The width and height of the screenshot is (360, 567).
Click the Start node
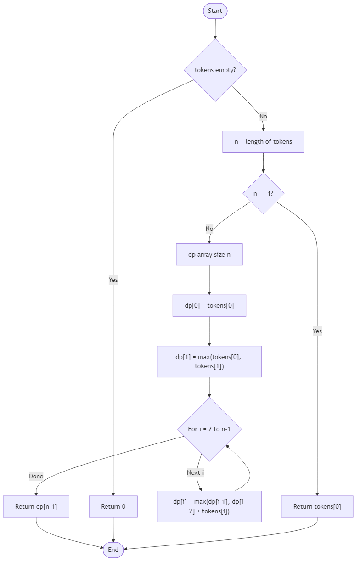click(215, 11)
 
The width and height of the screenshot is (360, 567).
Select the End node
click(113, 550)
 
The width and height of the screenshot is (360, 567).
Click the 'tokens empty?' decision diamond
click(215, 70)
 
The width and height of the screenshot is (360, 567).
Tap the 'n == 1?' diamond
click(263, 194)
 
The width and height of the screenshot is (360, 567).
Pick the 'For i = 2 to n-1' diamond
click(209, 429)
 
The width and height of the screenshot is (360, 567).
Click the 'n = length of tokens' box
click(263, 142)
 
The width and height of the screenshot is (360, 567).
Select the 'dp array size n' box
click(209, 254)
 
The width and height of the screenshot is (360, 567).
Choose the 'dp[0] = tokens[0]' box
click(209, 306)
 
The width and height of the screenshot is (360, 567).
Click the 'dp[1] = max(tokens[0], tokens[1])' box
click(209, 362)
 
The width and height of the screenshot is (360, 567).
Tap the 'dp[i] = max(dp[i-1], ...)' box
click(209, 506)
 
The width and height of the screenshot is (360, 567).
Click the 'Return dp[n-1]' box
click(36, 507)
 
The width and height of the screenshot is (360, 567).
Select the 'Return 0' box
click(113, 507)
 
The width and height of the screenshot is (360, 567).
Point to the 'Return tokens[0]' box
click(317, 507)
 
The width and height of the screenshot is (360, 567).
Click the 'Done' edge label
click(36, 476)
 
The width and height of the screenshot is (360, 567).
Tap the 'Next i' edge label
click(196, 472)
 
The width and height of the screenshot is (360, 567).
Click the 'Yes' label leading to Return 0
click(113, 280)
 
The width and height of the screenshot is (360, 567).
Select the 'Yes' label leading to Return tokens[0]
click(317, 331)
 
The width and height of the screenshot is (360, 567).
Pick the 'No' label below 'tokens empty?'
click(263, 116)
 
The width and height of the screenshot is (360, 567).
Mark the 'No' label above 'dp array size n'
click(209, 229)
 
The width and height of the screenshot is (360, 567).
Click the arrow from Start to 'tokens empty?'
click(215, 28)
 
